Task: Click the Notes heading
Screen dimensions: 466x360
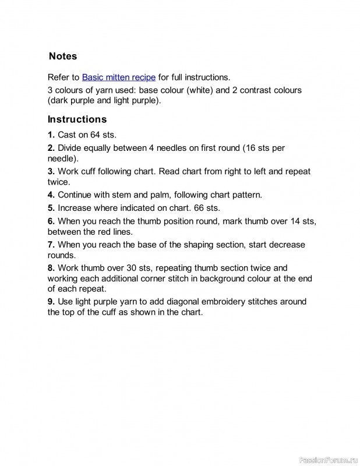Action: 62,57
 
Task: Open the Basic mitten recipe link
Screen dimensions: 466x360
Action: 119,77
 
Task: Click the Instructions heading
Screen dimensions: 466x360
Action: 77,119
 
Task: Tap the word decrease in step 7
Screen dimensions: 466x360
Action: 286,245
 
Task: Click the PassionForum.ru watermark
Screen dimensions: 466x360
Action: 328,460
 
